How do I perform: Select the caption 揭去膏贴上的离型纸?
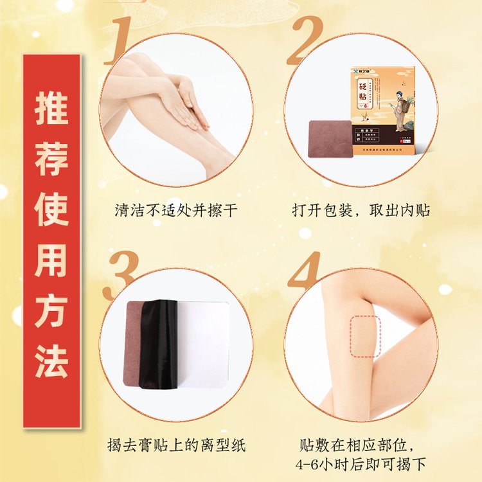[x=176, y=445]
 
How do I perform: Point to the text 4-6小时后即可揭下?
[x=361, y=465]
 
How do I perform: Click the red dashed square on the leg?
[x=365, y=336]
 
